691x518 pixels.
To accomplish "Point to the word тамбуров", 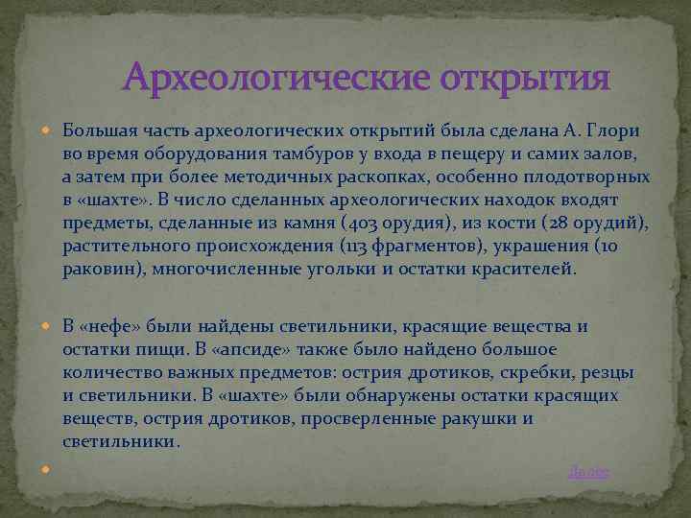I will pyautogui.click(x=273, y=153).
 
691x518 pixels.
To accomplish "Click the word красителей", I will pyautogui.click(x=529, y=270).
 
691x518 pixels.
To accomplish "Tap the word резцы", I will pyautogui.click(x=608, y=372).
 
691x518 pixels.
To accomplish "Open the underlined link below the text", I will pyautogui.click(x=589, y=471).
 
